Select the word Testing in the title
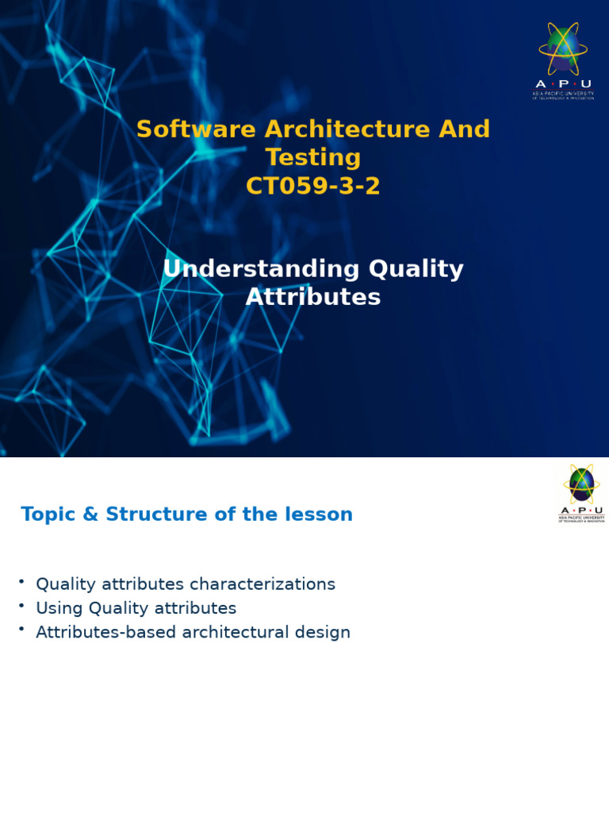click(313, 158)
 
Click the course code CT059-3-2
click(313, 187)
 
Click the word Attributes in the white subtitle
click(313, 298)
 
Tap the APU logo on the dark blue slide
click(563, 60)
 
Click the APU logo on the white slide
click(581, 493)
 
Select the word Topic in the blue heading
click(48, 515)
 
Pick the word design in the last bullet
click(328, 633)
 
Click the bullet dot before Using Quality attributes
click(21, 607)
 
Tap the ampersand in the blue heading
click(91, 514)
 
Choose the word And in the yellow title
click(466, 129)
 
